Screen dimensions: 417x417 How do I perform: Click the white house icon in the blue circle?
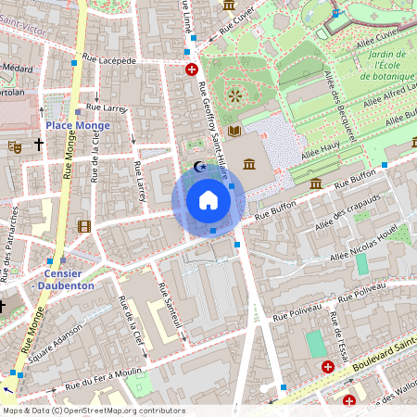click(208, 200)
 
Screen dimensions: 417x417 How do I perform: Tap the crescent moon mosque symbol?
click(196, 167)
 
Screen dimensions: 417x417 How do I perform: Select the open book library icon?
click(234, 131)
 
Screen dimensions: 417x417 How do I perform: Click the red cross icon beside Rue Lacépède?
click(191, 69)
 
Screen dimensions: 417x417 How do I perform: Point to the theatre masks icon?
click(15, 145)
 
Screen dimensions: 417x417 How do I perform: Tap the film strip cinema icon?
click(84, 226)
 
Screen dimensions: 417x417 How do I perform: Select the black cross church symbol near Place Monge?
click(39, 145)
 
